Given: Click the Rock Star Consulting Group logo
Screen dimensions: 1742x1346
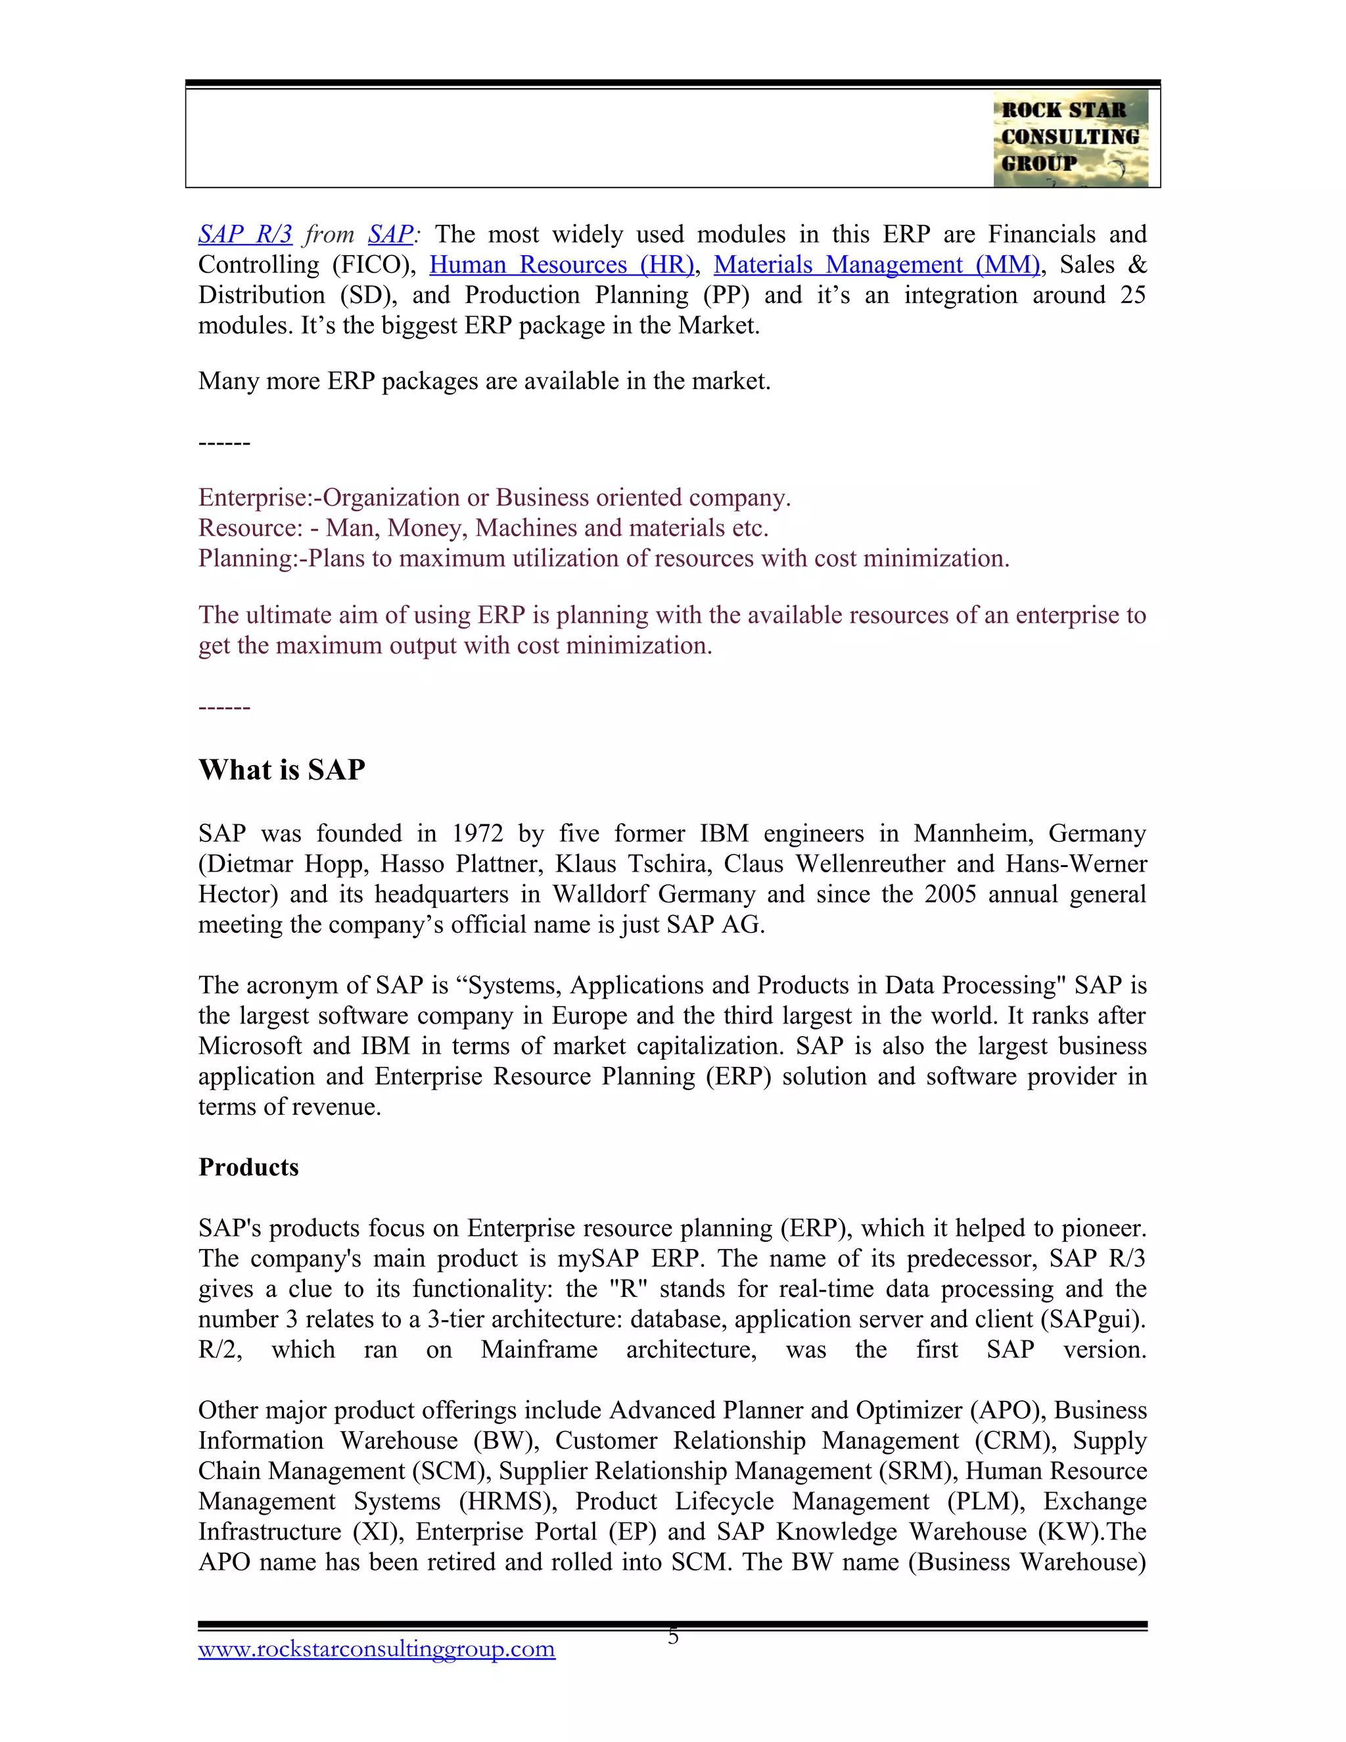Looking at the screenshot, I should point(1070,138).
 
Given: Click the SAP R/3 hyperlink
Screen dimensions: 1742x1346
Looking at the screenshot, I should point(244,234).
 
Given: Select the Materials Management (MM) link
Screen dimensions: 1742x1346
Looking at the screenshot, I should point(876,264).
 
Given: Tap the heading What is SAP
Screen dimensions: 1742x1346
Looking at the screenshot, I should point(281,770).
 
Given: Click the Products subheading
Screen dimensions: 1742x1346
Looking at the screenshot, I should point(248,1167).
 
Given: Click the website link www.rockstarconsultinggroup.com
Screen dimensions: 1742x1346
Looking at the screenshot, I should point(377,1649).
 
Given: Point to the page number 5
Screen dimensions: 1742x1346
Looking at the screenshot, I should point(673,1637).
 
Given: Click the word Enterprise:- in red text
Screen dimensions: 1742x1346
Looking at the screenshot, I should point(259,498).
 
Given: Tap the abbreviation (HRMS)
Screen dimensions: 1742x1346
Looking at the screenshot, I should point(508,1501).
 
